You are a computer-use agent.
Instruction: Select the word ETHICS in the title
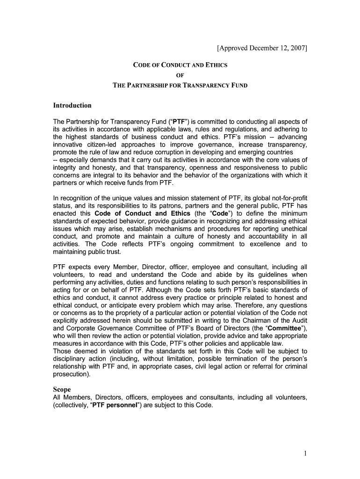pyautogui.click(x=215, y=65)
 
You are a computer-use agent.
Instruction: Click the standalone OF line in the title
pyautogui.click(x=180, y=75)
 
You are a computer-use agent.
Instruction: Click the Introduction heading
pyautogui.click(x=73, y=105)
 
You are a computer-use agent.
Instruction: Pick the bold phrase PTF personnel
pyautogui.click(x=115, y=405)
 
